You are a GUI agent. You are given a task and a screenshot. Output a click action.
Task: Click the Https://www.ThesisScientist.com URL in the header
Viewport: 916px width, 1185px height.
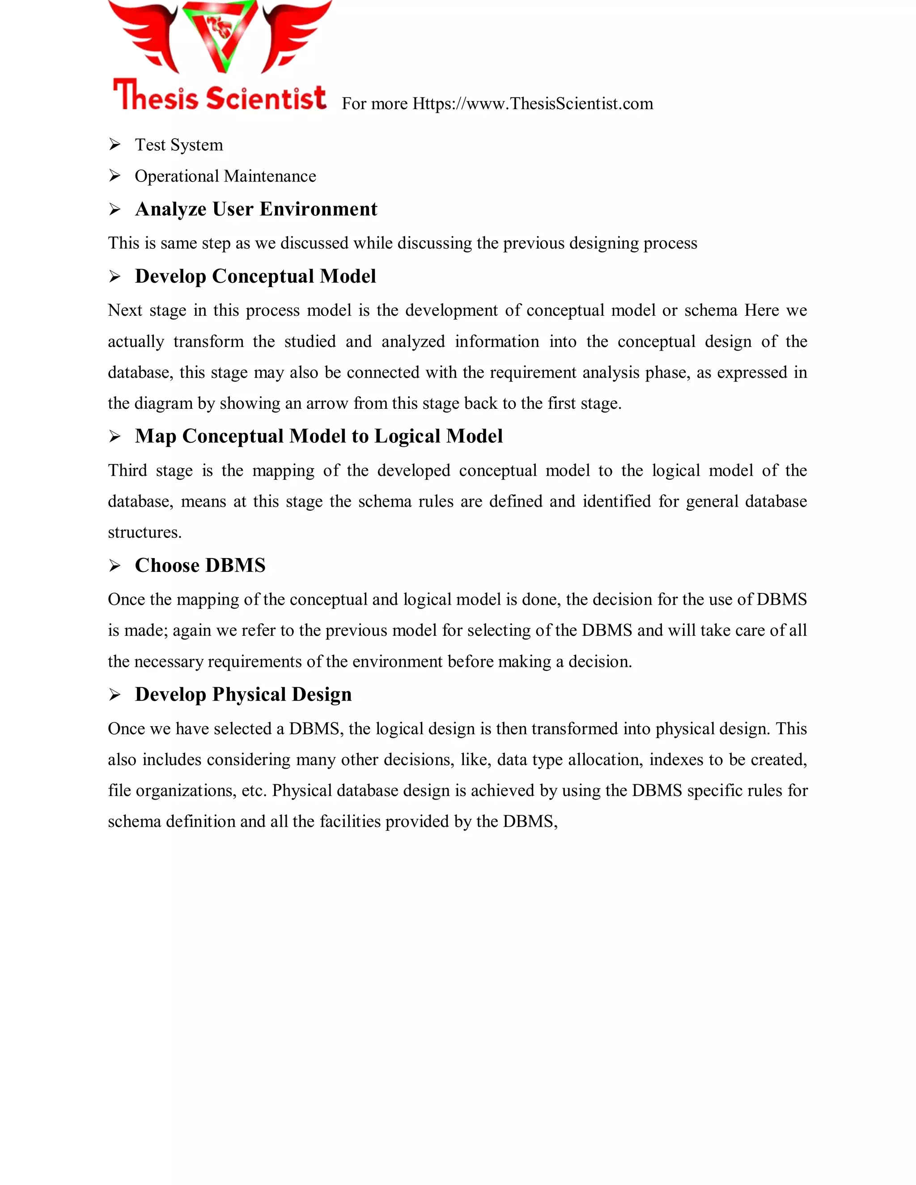point(532,104)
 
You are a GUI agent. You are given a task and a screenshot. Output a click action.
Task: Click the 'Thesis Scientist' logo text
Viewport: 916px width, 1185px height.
point(219,97)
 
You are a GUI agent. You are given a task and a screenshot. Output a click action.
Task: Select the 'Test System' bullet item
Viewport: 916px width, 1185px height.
point(178,145)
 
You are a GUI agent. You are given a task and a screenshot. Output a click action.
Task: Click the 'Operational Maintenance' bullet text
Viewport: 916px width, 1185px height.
point(225,176)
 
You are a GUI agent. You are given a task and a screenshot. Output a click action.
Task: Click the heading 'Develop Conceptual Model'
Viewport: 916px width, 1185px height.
point(255,276)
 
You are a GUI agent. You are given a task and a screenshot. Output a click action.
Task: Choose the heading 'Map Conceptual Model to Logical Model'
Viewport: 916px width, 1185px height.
point(318,436)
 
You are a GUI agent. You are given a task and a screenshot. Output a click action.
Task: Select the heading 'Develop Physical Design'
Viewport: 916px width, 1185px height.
point(243,694)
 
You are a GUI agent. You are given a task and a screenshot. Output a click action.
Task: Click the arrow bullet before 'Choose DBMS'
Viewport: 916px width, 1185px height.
point(114,566)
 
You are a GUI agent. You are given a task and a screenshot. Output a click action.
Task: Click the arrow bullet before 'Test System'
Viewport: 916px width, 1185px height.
point(114,145)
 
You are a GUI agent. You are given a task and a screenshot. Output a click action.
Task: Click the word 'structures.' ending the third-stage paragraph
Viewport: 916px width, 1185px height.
point(144,532)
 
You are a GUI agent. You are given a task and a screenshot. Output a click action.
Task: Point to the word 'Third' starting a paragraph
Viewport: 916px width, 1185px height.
point(127,470)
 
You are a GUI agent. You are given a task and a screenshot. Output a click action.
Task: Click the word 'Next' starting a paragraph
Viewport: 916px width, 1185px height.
point(124,310)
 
